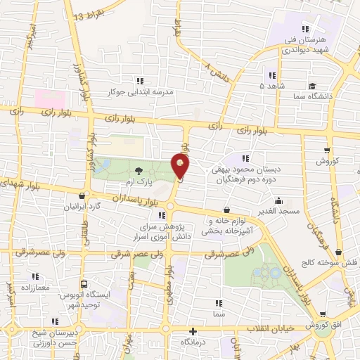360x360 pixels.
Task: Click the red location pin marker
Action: [x=181, y=166]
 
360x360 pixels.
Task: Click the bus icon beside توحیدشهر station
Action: [x=84, y=285]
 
